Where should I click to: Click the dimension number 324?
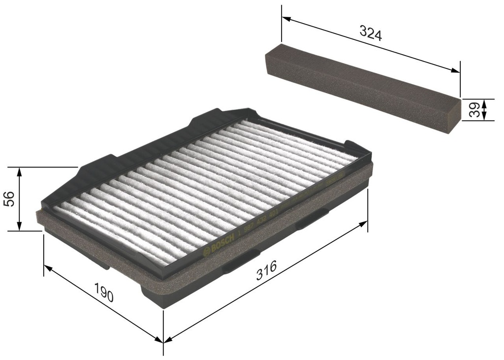coord(371,33)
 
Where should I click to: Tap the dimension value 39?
coord(474,110)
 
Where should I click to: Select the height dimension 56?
coord(9,198)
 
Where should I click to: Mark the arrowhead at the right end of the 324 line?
coord(455,71)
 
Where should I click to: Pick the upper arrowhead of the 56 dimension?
coord(20,170)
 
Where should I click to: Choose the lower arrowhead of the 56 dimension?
coord(20,227)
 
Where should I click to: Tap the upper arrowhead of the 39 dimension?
coord(484,102)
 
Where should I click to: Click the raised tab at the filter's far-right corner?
coord(355,146)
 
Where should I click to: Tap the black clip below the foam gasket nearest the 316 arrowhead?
coord(312,219)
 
